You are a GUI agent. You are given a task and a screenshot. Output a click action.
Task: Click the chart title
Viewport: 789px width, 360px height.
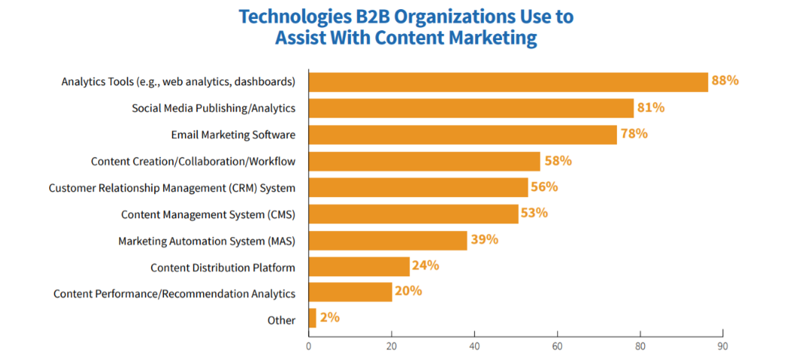[406, 26]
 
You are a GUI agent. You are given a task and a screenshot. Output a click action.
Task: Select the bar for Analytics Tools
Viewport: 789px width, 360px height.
[508, 82]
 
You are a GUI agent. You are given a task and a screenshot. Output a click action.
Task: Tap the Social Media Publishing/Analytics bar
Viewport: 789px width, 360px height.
[471, 108]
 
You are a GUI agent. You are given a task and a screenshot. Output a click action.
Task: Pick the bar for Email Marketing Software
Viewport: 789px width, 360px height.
[462, 134]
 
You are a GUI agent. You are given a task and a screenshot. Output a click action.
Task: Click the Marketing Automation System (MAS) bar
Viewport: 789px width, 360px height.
[387, 240]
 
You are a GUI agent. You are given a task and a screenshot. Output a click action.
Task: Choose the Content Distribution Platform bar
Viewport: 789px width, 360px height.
[359, 266]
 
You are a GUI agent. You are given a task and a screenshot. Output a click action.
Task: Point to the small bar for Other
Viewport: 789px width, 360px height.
[313, 318]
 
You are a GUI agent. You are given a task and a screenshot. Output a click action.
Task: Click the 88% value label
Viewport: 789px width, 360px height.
[725, 81]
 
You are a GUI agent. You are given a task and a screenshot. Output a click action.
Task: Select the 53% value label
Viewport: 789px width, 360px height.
[534, 213]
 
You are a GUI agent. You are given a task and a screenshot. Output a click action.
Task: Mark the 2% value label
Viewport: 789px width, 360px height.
[330, 318]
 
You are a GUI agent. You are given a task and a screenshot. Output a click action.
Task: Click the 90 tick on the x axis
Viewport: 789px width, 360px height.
[723, 346]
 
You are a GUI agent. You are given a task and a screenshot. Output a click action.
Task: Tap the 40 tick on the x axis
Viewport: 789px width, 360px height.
[474, 346]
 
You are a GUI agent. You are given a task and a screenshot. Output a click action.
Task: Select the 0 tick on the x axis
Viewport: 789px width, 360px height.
[309, 346]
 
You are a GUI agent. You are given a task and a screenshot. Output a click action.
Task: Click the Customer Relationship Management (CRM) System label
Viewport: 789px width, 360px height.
[172, 188]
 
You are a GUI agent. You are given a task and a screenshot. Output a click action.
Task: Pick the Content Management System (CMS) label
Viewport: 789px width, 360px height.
[208, 214]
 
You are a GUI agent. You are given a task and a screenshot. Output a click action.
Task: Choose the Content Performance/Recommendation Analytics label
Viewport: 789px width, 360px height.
[174, 294]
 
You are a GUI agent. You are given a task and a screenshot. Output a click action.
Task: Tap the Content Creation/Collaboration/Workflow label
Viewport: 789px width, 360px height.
[193, 162]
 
